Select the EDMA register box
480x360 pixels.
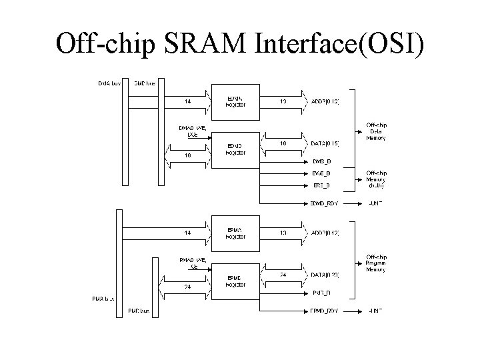pyautogui.click(x=235, y=101)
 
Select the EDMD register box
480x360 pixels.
pyautogui.click(x=235, y=149)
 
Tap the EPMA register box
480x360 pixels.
pyautogui.click(x=235, y=233)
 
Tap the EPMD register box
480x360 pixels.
pyautogui.click(x=235, y=280)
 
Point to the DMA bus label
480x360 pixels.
pyautogui.click(x=109, y=83)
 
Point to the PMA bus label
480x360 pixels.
pyautogui.click(x=103, y=299)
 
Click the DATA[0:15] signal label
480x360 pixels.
pyautogui.click(x=325, y=144)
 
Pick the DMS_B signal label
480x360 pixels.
pyautogui.click(x=321, y=162)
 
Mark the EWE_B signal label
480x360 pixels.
pyautogui.click(x=321, y=173)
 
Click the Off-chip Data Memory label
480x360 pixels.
pyautogui.click(x=376, y=131)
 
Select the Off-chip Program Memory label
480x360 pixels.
pyautogui.click(x=376, y=263)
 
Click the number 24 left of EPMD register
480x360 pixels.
pyautogui.click(x=189, y=287)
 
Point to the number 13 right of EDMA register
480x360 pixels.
pyautogui.click(x=283, y=102)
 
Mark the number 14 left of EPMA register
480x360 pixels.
pyautogui.click(x=189, y=233)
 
